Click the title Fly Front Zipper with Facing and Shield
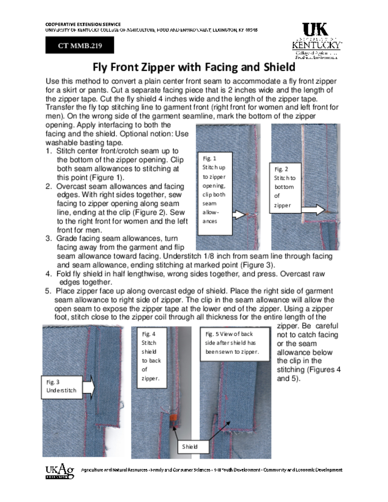(x=194, y=67)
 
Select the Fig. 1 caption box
(x=214, y=189)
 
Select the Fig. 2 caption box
(x=285, y=187)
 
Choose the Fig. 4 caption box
(x=149, y=356)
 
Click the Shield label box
(x=190, y=447)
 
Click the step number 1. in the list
(x=49, y=151)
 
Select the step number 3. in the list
(x=49, y=239)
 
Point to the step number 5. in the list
(x=49, y=291)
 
